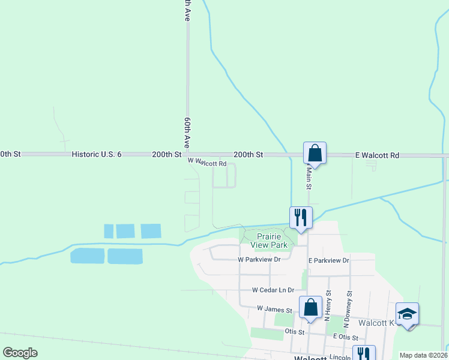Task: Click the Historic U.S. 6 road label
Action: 97,154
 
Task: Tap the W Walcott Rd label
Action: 207,163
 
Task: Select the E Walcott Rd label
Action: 377,155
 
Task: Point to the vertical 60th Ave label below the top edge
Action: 187,133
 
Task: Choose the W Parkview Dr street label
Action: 259,260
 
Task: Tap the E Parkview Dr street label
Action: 328,260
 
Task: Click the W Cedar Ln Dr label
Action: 274,289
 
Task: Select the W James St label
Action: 274,308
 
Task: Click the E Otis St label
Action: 346,338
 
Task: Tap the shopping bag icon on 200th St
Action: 315,154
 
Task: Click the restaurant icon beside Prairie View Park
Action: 301,218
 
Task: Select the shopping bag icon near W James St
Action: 310,308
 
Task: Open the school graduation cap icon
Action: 407,314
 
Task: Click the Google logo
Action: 20,353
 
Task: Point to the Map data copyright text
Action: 424,355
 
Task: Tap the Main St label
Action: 309,177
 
